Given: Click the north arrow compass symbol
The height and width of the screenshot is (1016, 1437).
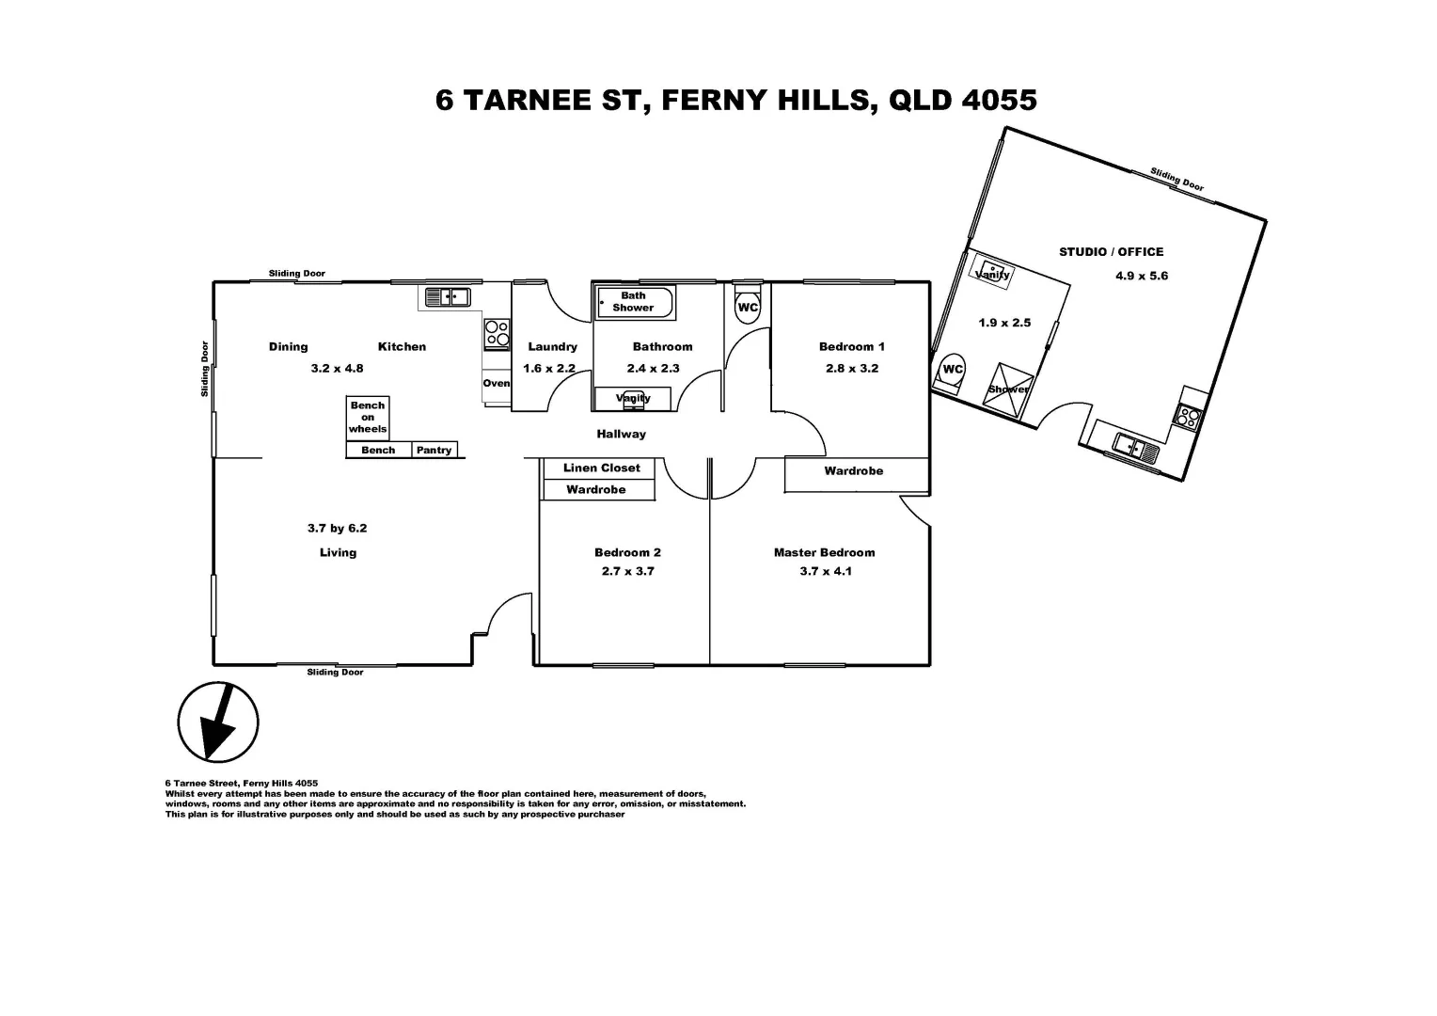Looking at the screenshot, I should click(218, 722).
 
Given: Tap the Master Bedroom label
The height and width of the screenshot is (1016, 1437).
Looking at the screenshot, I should click(824, 552).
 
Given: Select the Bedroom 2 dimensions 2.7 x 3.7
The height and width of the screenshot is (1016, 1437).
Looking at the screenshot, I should click(627, 571).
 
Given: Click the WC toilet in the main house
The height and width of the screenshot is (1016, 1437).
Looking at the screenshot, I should click(748, 308).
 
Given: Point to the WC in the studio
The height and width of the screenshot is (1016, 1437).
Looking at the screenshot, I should click(953, 370).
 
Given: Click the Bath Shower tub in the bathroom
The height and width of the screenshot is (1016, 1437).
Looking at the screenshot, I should click(635, 302).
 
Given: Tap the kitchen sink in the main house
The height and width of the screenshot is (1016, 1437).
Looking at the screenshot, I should click(447, 297).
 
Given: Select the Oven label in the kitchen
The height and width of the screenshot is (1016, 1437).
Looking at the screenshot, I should click(497, 383).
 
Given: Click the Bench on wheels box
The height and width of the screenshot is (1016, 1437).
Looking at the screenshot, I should click(368, 417).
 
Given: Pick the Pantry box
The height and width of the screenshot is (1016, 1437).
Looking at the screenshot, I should click(434, 450).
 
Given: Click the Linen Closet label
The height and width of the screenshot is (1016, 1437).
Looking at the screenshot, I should click(601, 468).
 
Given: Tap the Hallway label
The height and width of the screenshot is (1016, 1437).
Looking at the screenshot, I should click(621, 434).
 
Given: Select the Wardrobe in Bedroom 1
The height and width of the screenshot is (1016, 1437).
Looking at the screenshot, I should click(854, 471).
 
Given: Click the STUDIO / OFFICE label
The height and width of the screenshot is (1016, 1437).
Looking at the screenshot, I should click(1111, 251).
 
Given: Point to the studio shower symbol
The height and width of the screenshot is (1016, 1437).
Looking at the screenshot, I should click(1008, 389).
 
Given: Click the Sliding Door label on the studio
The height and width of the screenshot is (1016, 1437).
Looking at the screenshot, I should click(1176, 179).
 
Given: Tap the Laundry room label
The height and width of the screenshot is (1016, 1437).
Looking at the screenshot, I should click(552, 346).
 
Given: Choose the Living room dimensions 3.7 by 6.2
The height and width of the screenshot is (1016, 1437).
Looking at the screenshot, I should click(337, 528).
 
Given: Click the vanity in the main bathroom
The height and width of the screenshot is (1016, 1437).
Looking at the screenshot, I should click(633, 399).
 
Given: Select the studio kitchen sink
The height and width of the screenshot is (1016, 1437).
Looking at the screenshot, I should click(1136, 447).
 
